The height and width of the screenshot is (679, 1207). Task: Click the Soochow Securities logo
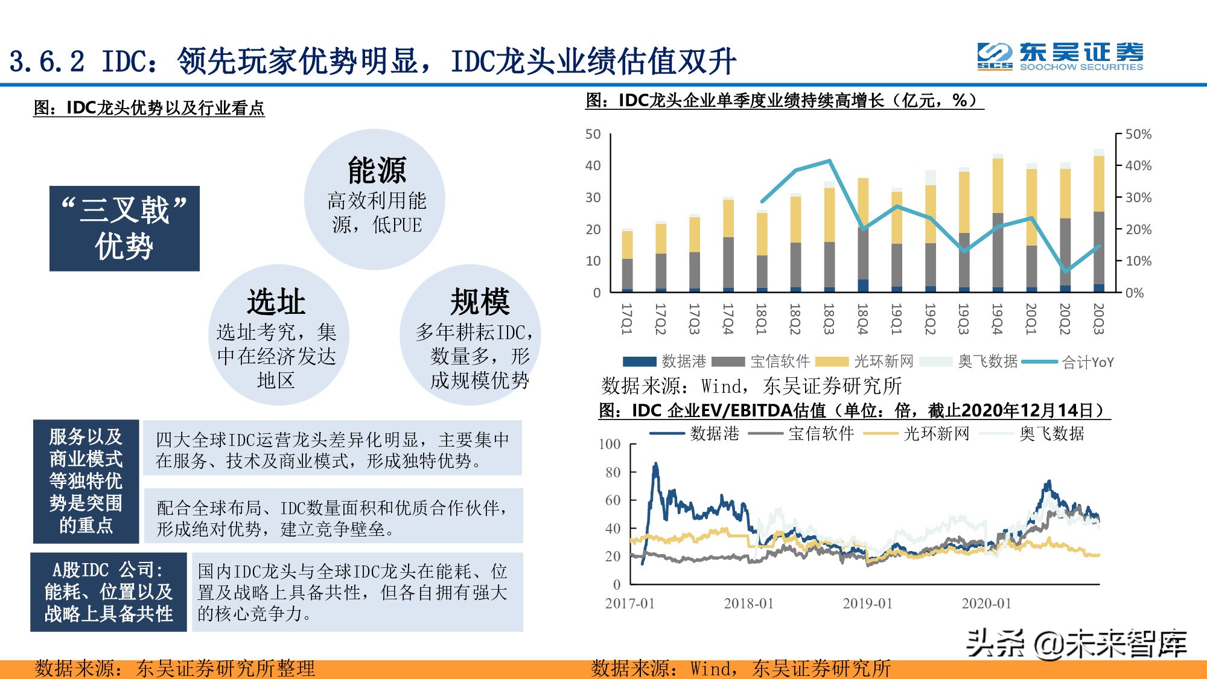point(1060,57)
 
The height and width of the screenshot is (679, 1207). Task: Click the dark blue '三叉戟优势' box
point(124,228)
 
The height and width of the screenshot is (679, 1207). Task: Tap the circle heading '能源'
point(377,170)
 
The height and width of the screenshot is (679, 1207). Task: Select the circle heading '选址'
point(276,302)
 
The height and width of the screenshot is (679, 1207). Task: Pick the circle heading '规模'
point(480,302)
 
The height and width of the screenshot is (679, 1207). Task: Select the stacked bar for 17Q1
point(627,261)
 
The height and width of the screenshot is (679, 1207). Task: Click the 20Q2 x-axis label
point(1065,319)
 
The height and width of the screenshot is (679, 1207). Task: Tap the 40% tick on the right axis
point(1138,165)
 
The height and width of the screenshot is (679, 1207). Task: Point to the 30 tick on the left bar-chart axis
point(593,197)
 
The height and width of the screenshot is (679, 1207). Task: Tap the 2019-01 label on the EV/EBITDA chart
point(867,603)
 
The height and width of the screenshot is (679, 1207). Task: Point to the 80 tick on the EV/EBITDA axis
point(613,472)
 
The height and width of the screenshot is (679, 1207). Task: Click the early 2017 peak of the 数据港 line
point(655,465)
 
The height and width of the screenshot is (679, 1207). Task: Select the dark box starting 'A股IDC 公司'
point(109,591)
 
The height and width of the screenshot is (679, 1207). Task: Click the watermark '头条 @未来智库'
point(1076,643)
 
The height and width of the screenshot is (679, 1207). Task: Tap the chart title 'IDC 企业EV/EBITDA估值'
point(853,410)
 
